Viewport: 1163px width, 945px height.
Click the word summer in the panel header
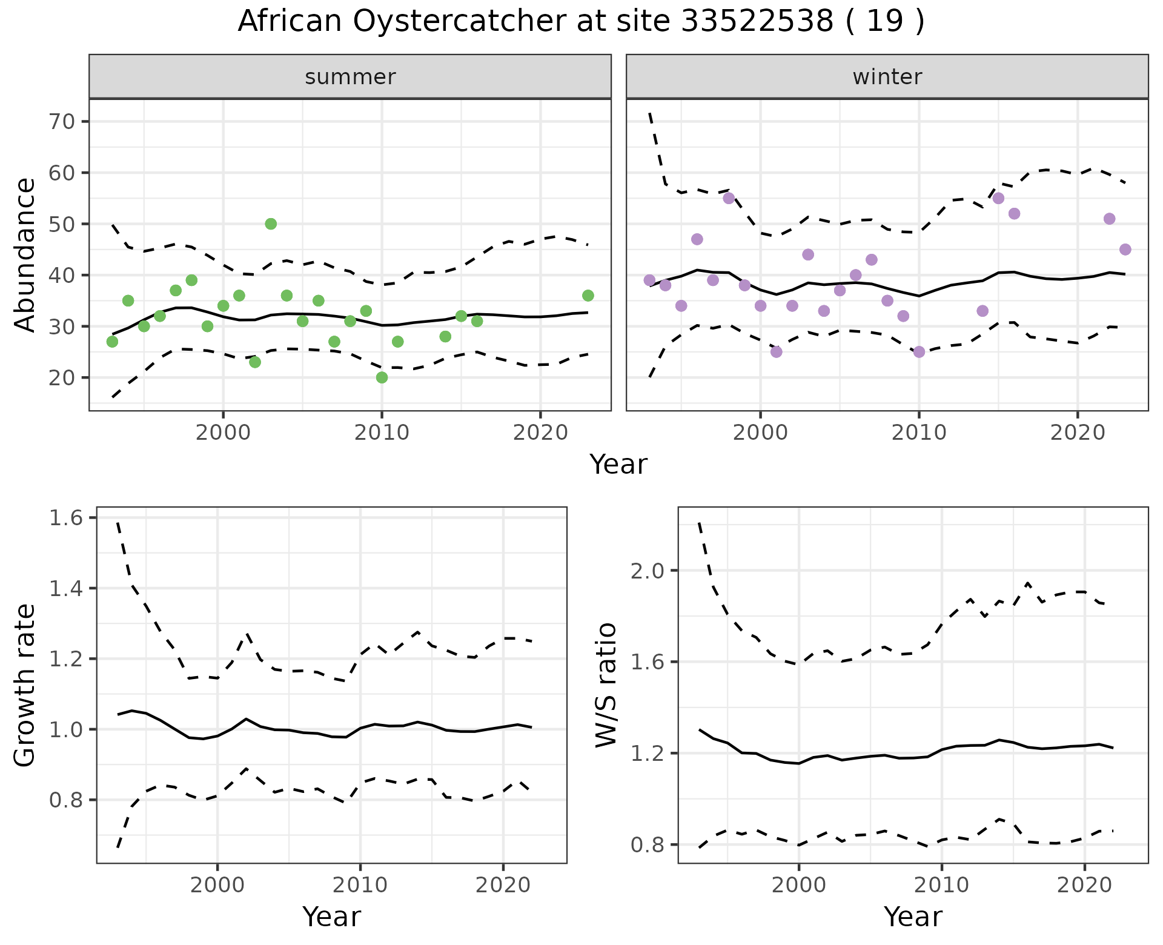click(350, 77)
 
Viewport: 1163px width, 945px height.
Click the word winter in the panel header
click(887, 77)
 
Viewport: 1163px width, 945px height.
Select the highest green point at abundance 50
click(271, 224)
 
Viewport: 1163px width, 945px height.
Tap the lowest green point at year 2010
click(382, 377)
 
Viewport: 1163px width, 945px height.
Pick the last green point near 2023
click(588, 296)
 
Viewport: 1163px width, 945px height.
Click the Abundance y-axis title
click(25, 254)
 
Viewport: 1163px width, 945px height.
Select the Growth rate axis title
click(25, 685)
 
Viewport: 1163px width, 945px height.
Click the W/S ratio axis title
click(606, 685)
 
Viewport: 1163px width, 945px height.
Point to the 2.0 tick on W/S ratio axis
click(648, 571)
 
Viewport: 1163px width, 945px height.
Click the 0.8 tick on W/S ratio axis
click(648, 844)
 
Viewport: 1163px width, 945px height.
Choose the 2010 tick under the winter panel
click(919, 433)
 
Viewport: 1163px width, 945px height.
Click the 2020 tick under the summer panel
click(540, 433)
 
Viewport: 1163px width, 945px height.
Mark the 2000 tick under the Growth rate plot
click(217, 885)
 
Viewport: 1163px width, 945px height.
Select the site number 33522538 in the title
click(757, 22)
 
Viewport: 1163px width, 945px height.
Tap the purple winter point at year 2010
click(919, 352)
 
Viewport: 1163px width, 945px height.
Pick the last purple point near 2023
click(1125, 250)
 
